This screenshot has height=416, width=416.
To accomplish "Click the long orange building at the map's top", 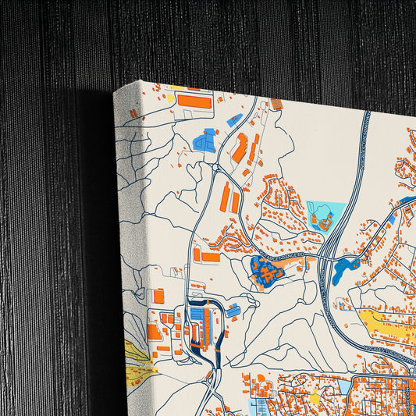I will [194, 101].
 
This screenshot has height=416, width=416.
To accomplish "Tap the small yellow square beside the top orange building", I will [171, 99].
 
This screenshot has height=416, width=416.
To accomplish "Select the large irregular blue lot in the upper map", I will [204, 142].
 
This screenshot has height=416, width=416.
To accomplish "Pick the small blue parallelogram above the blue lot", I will [234, 120].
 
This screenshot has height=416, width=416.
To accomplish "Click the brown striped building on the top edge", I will [276, 105].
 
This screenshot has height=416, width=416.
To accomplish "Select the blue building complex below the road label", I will [266, 272].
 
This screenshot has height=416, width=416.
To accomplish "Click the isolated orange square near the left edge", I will [158, 297].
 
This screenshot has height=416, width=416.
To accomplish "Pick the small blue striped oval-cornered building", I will [233, 311].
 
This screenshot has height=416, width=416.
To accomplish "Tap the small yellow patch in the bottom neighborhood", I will [315, 398].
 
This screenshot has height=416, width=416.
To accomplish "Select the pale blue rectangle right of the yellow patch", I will [343, 388].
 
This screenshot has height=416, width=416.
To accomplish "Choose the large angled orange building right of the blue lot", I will [240, 148].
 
